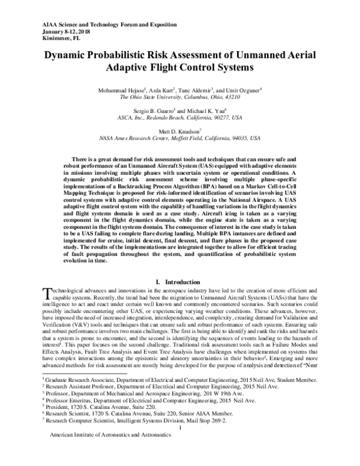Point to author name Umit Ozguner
pyautogui.click(x=248, y=89)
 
